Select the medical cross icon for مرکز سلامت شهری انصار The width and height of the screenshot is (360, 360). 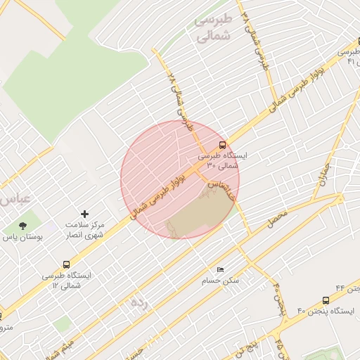[x=85, y=213]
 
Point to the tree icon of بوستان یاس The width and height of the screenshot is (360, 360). [x=22, y=226]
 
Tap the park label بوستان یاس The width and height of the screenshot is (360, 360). [x=24, y=238]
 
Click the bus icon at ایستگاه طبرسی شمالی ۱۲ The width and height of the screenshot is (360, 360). [x=66, y=265]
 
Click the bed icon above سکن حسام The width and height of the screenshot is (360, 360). [x=220, y=269]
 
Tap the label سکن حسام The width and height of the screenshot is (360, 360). [x=222, y=279]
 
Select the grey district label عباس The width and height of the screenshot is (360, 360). [x=14, y=199]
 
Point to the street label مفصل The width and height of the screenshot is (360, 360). [x=278, y=221]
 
